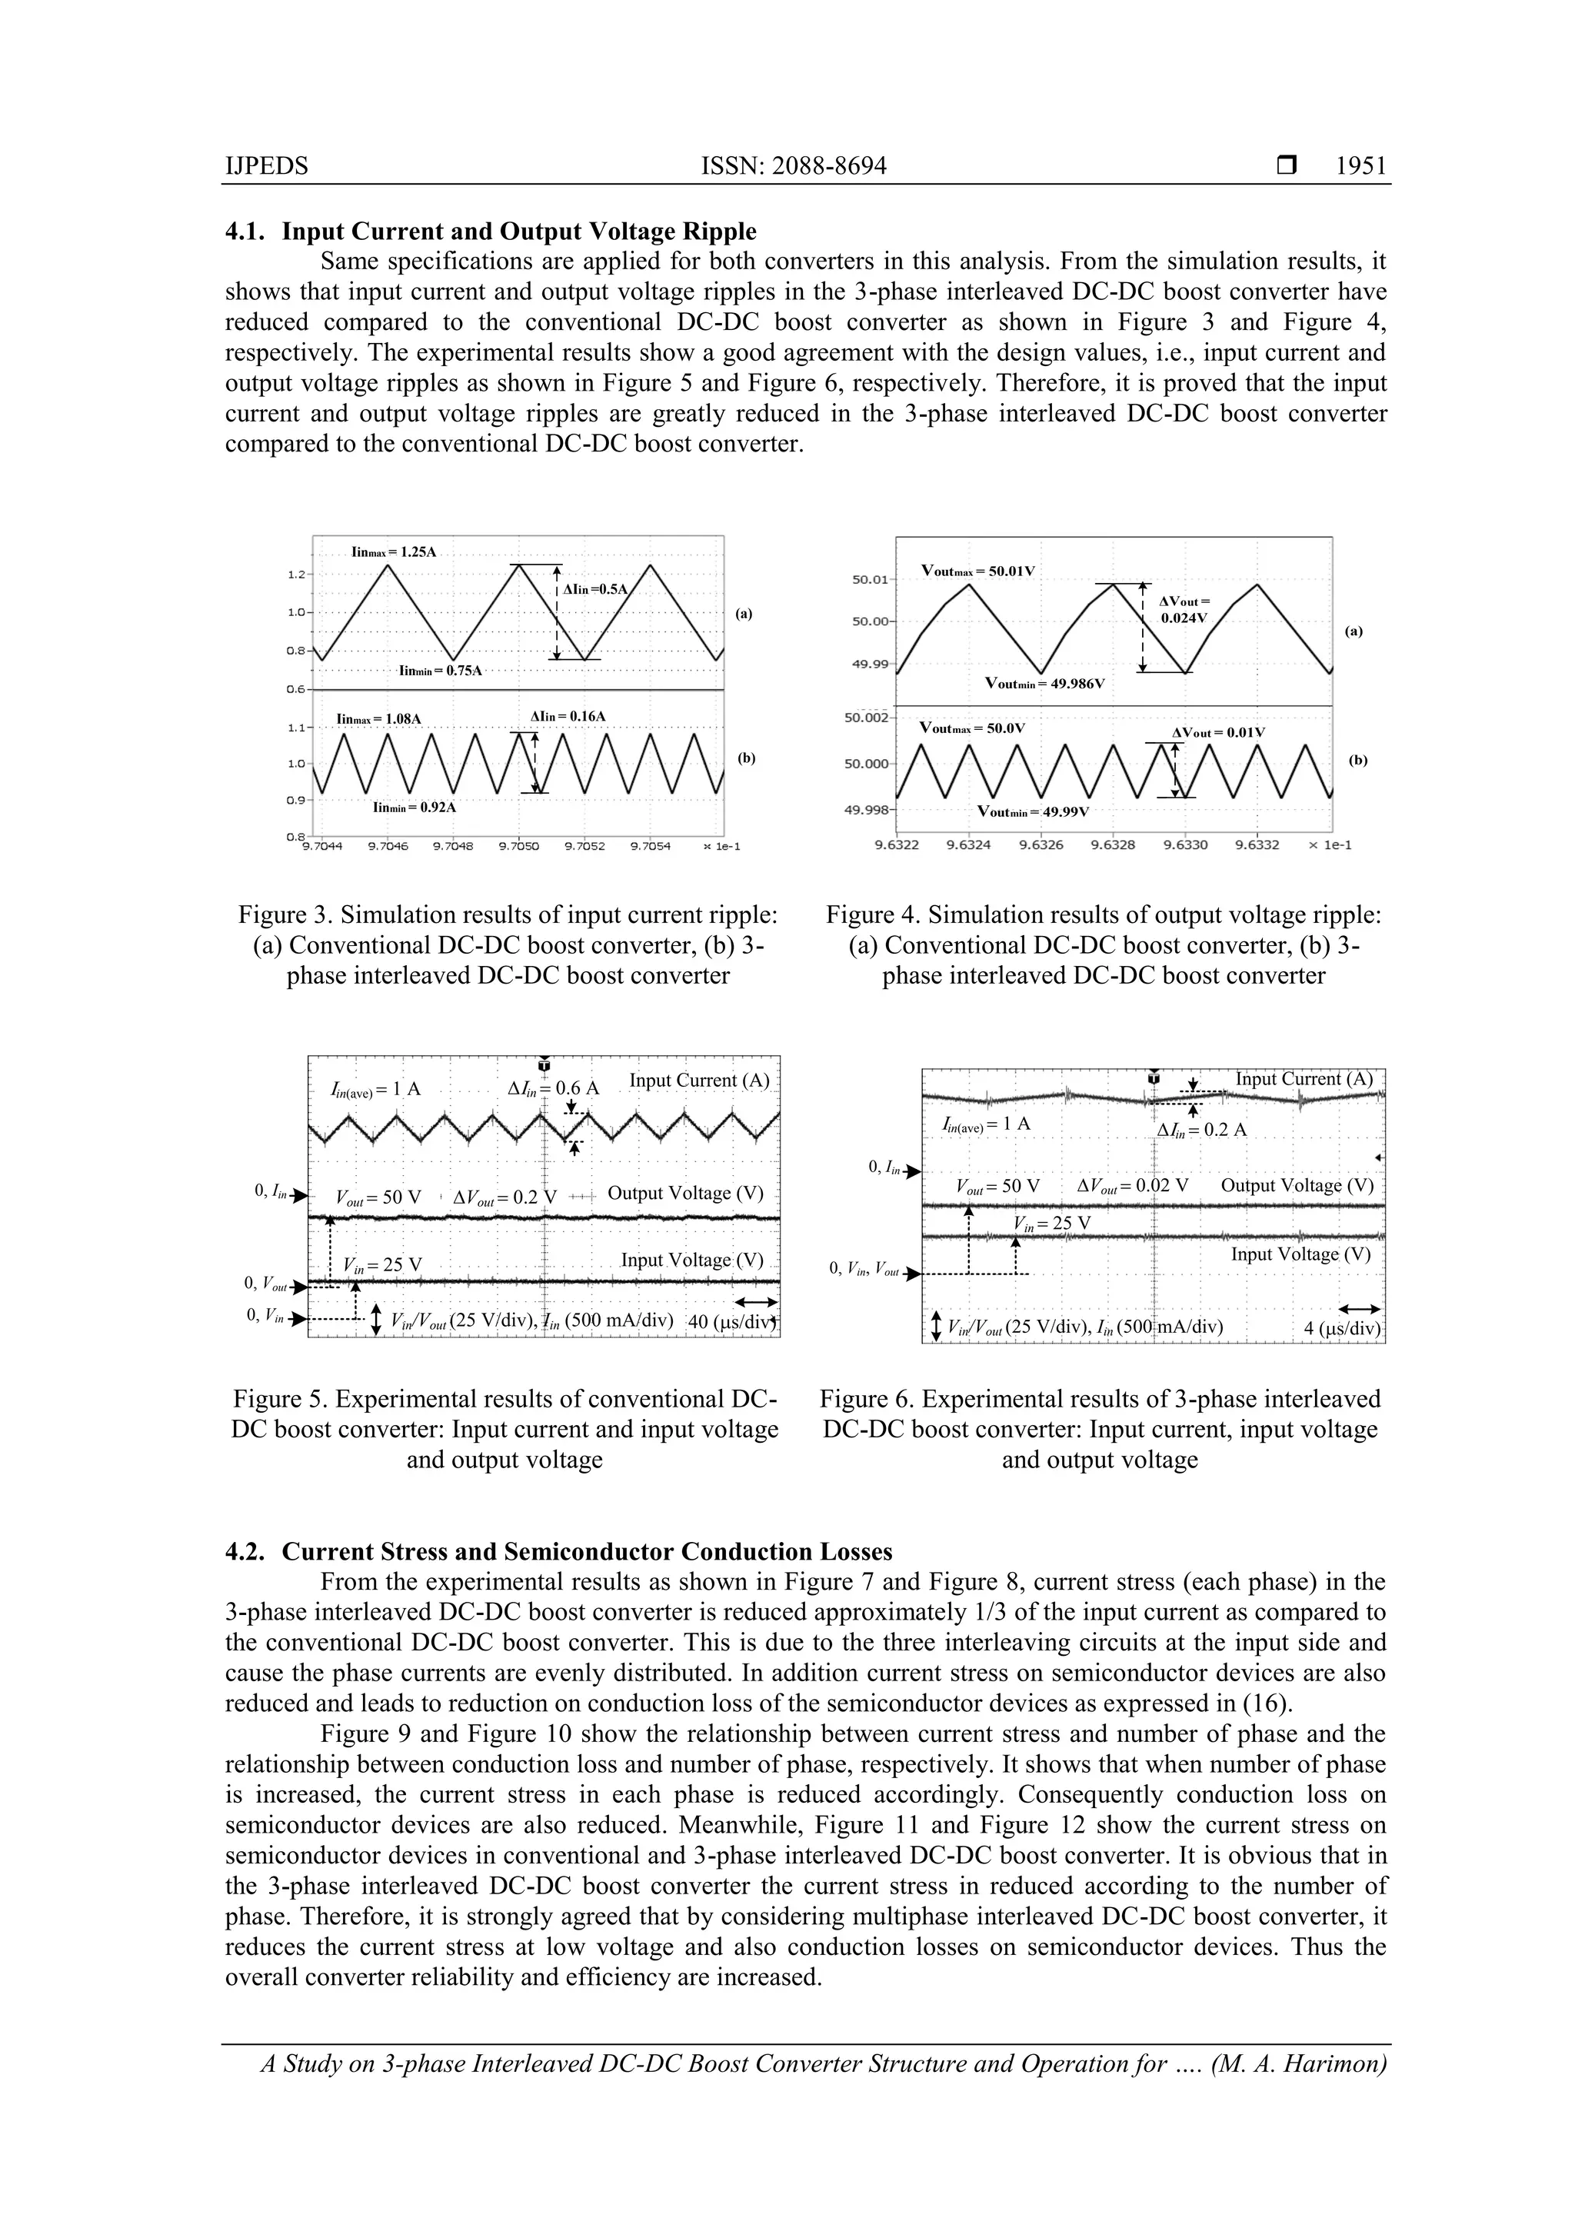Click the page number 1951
click(x=1360, y=166)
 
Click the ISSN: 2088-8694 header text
click(x=793, y=166)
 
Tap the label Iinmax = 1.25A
click(x=393, y=552)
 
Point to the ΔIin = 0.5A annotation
click(x=596, y=589)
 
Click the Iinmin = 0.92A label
click(x=415, y=808)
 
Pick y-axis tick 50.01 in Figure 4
click(x=870, y=581)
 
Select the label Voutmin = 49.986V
click(x=1044, y=683)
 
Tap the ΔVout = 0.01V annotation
click(x=1218, y=733)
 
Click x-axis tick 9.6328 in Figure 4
click(x=1112, y=845)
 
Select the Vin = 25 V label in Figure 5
click(x=382, y=1265)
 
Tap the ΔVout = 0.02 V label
click(x=1133, y=1186)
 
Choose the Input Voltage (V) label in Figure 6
click(x=1300, y=1254)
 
